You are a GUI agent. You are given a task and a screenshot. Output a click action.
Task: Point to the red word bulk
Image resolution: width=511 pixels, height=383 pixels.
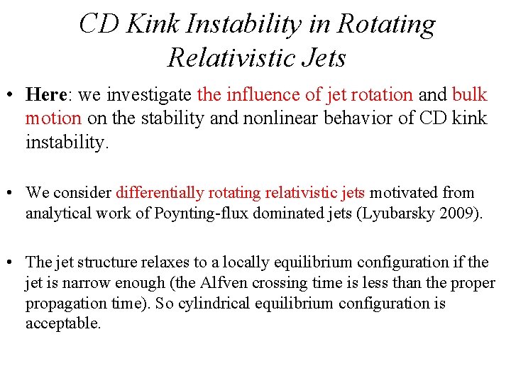click(x=469, y=94)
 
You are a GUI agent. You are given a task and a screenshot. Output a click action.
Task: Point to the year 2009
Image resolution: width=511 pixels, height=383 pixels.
click(x=461, y=213)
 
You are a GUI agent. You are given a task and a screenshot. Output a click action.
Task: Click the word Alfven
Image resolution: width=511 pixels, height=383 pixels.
click(x=202, y=283)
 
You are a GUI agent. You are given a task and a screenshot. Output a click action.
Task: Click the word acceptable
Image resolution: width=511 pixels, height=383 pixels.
click(x=62, y=324)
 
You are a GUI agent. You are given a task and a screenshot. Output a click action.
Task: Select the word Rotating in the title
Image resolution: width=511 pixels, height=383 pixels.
click(x=386, y=24)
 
